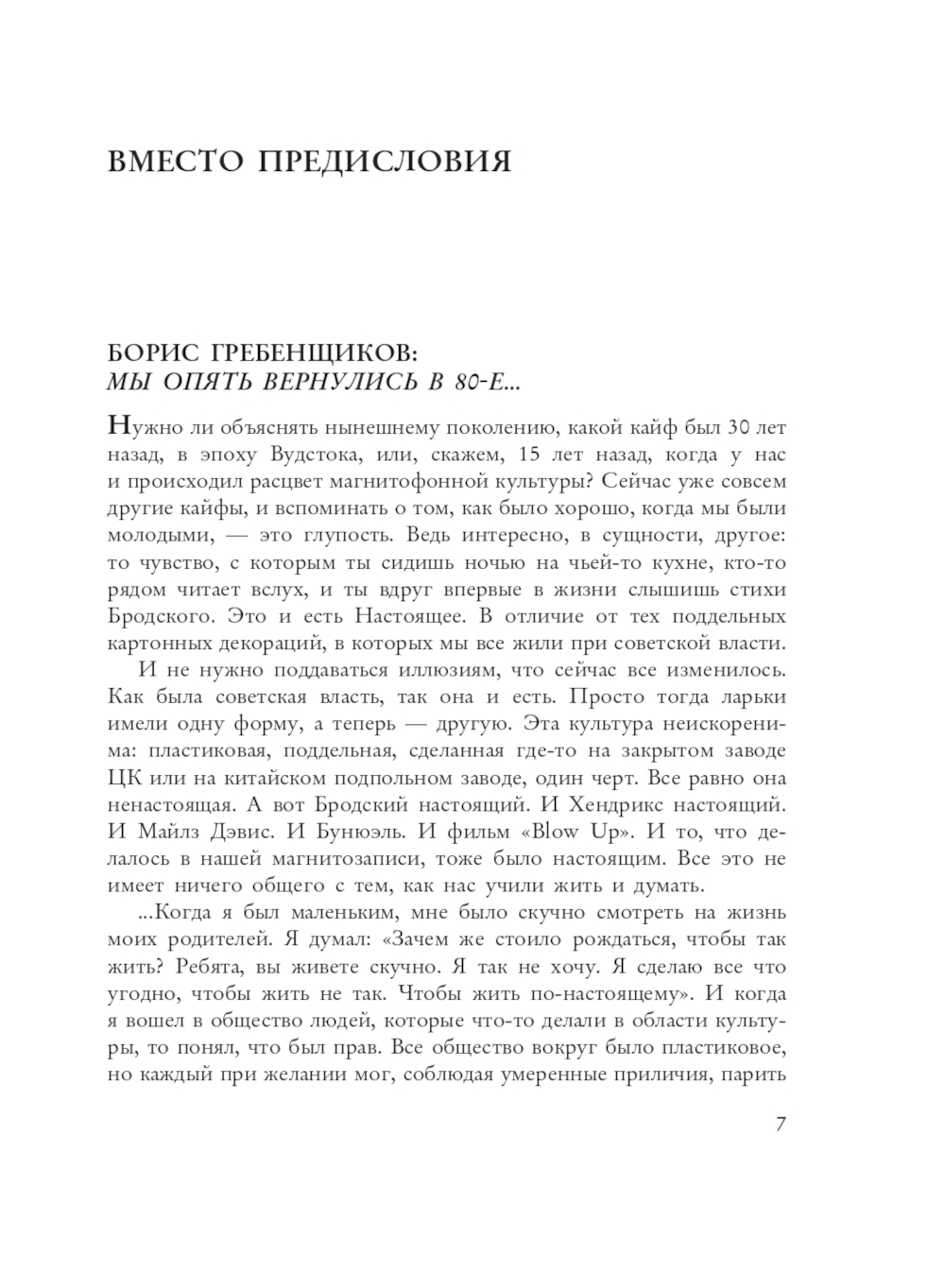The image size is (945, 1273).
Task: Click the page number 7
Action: point(781,1124)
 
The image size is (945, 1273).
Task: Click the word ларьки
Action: point(754,697)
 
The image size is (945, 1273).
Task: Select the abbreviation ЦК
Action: point(124,779)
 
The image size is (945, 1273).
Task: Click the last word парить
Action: point(759,1075)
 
